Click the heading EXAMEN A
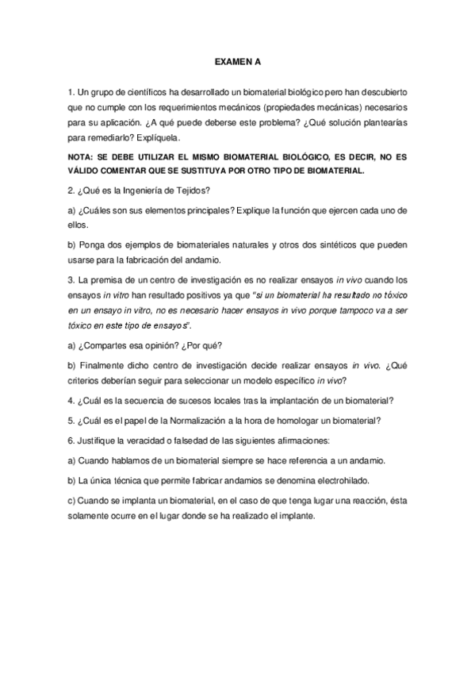coord(237,60)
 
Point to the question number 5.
coord(71,420)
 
